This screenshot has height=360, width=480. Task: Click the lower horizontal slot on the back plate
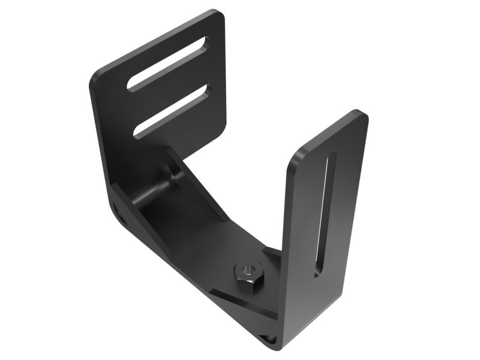(172, 111)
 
